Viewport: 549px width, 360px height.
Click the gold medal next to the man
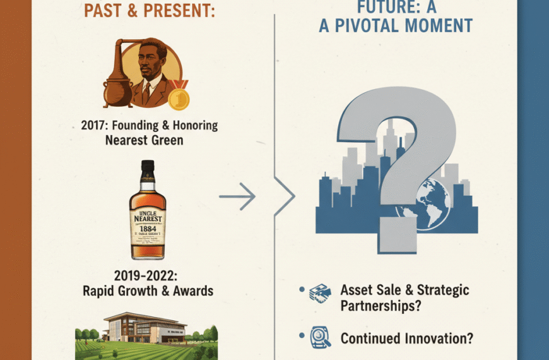coord(179,98)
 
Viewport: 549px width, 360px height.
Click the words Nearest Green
coord(145,140)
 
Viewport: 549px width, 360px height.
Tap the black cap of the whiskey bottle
coord(148,169)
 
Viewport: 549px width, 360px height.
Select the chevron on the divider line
coord(285,197)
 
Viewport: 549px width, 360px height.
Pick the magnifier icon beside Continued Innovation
coord(319,338)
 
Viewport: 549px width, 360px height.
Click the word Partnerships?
coord(381,306)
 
